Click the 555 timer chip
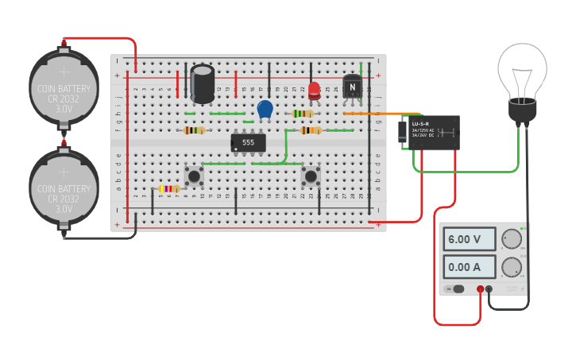click(248, 142)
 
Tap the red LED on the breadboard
click(314, 90)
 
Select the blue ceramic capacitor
click(265, 109)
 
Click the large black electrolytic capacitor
click(203, 83)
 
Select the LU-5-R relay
click(432, 132)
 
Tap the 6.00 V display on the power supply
click(470, 239)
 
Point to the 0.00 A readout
click(470, 267)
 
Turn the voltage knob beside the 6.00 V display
click(512, 239)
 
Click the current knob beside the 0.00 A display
click(512, 267)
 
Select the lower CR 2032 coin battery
click(64, 188)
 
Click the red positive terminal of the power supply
click(481, 289)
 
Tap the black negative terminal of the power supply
click(489, 289)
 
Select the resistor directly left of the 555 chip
click(194, 130)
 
